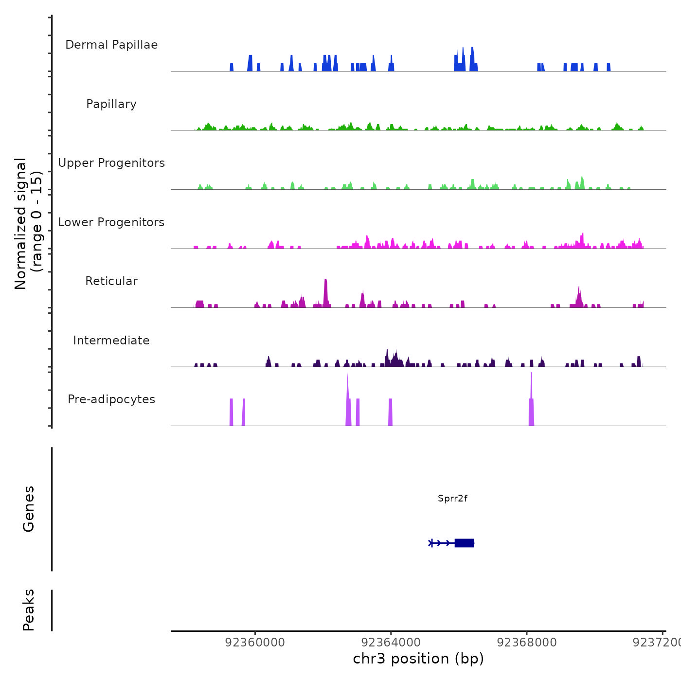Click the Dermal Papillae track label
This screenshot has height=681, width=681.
(111, 45)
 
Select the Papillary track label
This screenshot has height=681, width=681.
(111, 104)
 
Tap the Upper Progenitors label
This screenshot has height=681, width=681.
(111, 163)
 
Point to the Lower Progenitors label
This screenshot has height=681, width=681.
(111, 222)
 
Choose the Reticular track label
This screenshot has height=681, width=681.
(111, 281)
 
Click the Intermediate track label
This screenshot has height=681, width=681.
(111, 340)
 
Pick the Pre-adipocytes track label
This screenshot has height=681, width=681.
(111, 399)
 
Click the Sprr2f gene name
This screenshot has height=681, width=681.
(452, 498)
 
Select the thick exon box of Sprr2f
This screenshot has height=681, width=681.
(464, 543)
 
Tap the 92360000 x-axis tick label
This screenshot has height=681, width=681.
(255, 642)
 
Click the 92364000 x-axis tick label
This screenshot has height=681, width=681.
(391, 642)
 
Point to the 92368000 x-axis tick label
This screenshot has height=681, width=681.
(527, 642)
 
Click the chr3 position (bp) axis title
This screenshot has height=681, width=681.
(418, 659)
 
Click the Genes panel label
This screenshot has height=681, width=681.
(29, 509)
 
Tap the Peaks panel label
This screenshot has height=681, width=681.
(29, 610)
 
